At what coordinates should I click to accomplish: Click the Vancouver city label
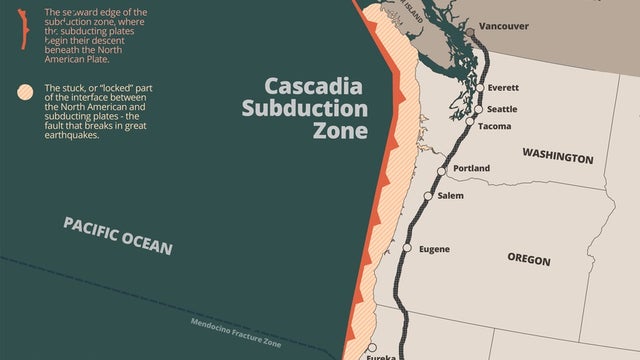tap(504, 26)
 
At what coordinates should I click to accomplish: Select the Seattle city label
tap(502, 108)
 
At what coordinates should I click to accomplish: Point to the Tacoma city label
tap(496, 126)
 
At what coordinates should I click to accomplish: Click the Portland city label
tap(471, 168)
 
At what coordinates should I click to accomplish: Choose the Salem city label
tap(450, 196)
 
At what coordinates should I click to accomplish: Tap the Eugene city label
tap(433, 249)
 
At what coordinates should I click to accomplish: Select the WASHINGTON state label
tap(557, 158)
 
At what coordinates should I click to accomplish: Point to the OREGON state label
tap(529, 260)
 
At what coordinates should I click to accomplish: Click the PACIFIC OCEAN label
tap(118, 235)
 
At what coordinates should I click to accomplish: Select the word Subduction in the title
tap(305, 109)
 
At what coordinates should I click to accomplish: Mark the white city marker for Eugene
tap(407, 247)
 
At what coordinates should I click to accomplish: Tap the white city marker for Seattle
tap(476, 108)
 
